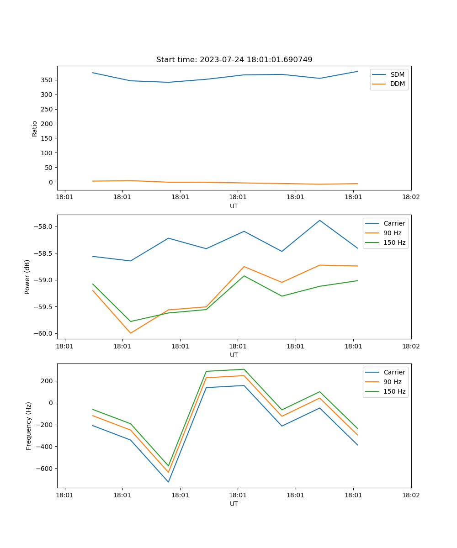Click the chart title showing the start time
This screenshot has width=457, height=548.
[234, 60]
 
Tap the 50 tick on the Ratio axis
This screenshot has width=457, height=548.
[48, 168]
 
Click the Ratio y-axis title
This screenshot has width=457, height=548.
[35, 128]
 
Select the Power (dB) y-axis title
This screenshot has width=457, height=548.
[27, 277]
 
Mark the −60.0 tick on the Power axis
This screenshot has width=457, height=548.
[43, 333]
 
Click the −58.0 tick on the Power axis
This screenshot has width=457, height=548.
[43, 227]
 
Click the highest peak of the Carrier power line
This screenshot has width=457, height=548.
[320, 221]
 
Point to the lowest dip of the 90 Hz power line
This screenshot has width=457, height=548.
[131, 333]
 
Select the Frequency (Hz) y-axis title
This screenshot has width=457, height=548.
[29, 426]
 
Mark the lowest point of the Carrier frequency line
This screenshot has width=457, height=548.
[168, 482]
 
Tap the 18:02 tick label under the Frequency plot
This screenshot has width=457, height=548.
[410, 495]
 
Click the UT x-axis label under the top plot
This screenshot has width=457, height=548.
[234, 206]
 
